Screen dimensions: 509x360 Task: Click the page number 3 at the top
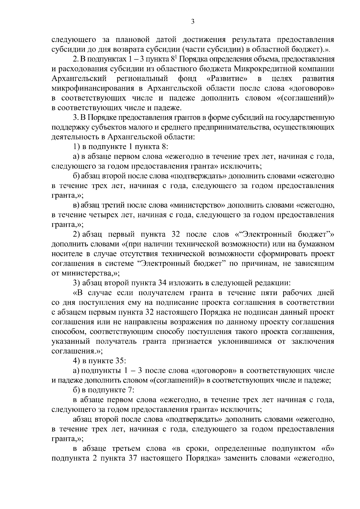click(193, 21)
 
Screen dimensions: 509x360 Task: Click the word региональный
click(142, 79)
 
